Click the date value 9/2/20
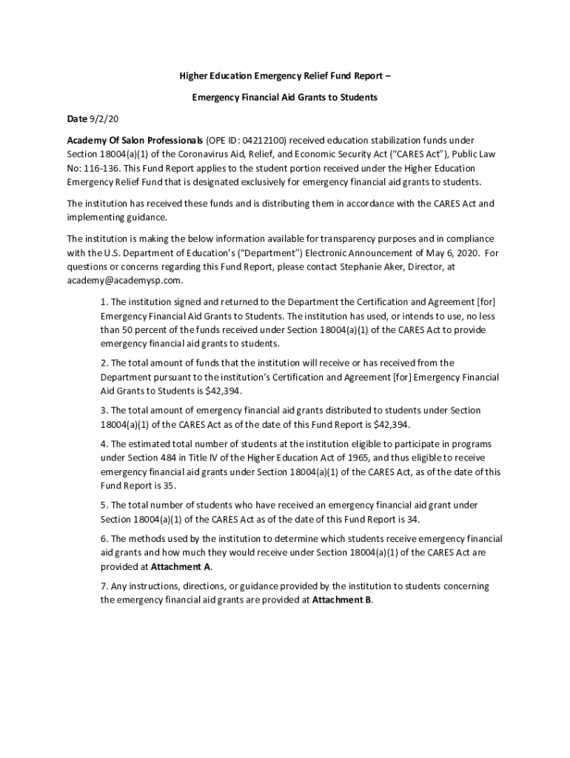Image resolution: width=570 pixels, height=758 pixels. point(104,118)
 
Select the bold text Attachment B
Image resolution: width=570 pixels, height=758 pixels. point(341,600)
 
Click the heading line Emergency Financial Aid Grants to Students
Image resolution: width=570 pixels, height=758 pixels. point(285,97)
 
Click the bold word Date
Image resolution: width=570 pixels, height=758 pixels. point(77,118)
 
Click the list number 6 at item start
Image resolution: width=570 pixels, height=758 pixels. point(104,539)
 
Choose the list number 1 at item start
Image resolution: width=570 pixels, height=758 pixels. point(104,302)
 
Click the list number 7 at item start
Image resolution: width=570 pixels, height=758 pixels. point(104,586)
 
